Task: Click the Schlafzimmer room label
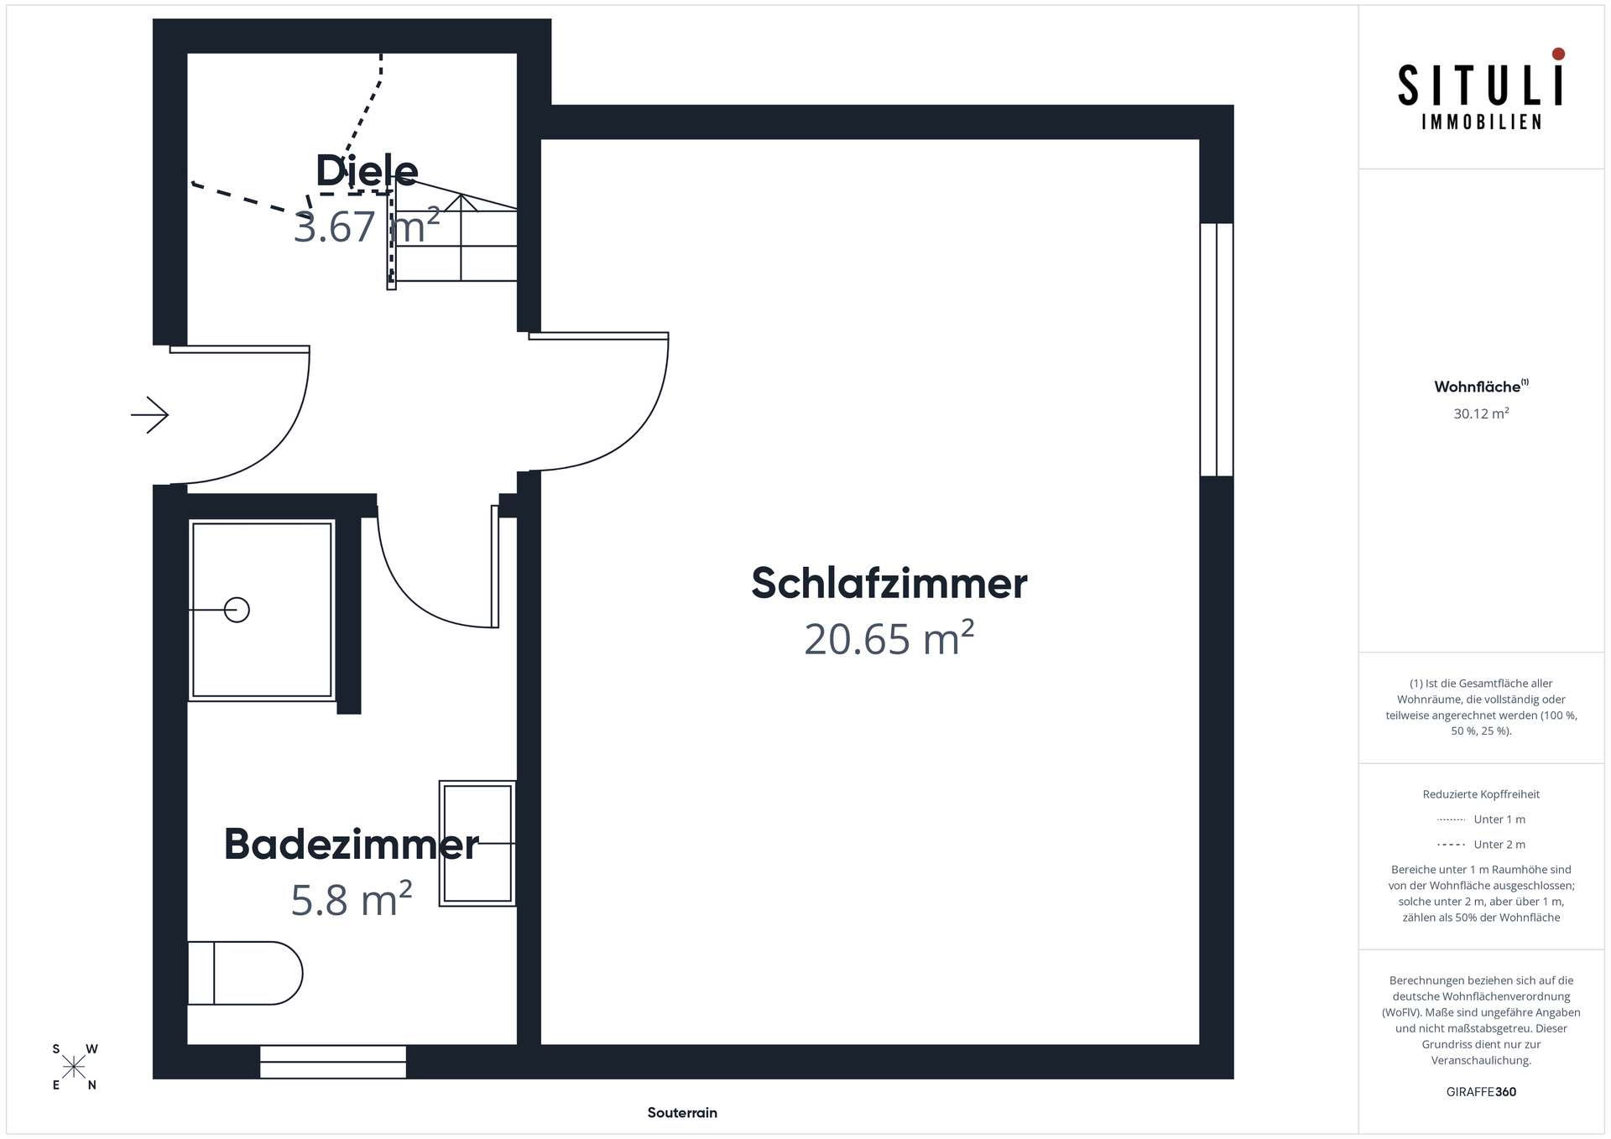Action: [889, 583]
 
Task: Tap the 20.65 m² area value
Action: [889, 639]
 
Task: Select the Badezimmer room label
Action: [351, 844]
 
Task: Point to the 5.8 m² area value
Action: [351, 900]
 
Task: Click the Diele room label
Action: [367, 171]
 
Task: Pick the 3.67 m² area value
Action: [367, 226]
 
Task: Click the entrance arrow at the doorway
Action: [150, 414]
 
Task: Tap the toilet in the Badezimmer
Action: [244, 973]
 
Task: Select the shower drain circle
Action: [237, 610]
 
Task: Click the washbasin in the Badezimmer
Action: [477, 843]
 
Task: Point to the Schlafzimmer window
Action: [1216, 349]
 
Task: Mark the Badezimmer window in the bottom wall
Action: [333, 1061]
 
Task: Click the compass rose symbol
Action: [74, 1067]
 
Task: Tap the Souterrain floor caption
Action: [682, 1113]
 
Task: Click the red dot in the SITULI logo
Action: [1558, 54]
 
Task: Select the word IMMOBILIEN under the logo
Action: [1481, 122]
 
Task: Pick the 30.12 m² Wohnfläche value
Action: [1481, 413]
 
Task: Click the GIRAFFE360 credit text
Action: [1481, 1092]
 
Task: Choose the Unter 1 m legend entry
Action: [1499, 819]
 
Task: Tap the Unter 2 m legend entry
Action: [1499, 845]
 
